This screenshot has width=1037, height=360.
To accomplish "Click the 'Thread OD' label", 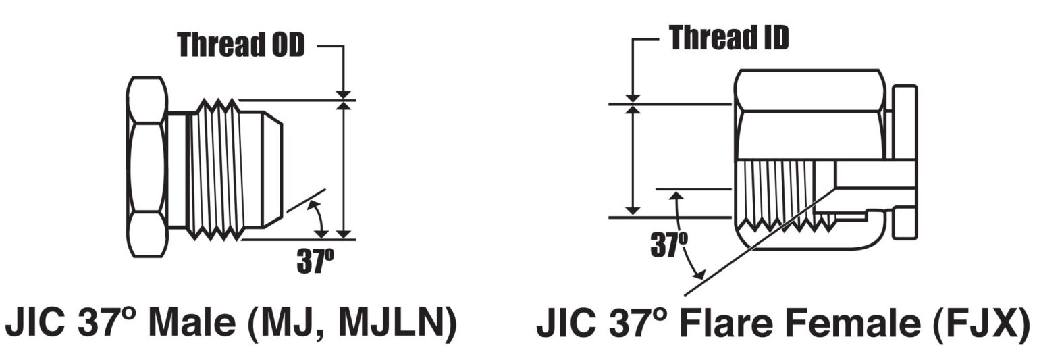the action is pyautogui.click(x=241, y=45).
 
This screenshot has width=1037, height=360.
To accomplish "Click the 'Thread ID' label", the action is pyautogui.click(x=730, y=38).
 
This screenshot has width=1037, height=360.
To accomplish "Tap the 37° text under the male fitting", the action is pyautogui.click(x=315, y=261).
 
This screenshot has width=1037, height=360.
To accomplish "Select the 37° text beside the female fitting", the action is pyautogui.click(x=669, y=245).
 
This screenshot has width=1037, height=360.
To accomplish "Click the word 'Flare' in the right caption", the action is pyautogui.click(x=732, y=321).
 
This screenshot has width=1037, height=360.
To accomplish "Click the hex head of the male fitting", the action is pyautogui.click(x=147, y=167).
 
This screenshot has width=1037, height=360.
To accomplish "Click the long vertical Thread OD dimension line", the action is pyautogui.click(x=343, y=170).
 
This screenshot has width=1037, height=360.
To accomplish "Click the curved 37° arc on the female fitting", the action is pyautogui.click(x=684, y=236).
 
